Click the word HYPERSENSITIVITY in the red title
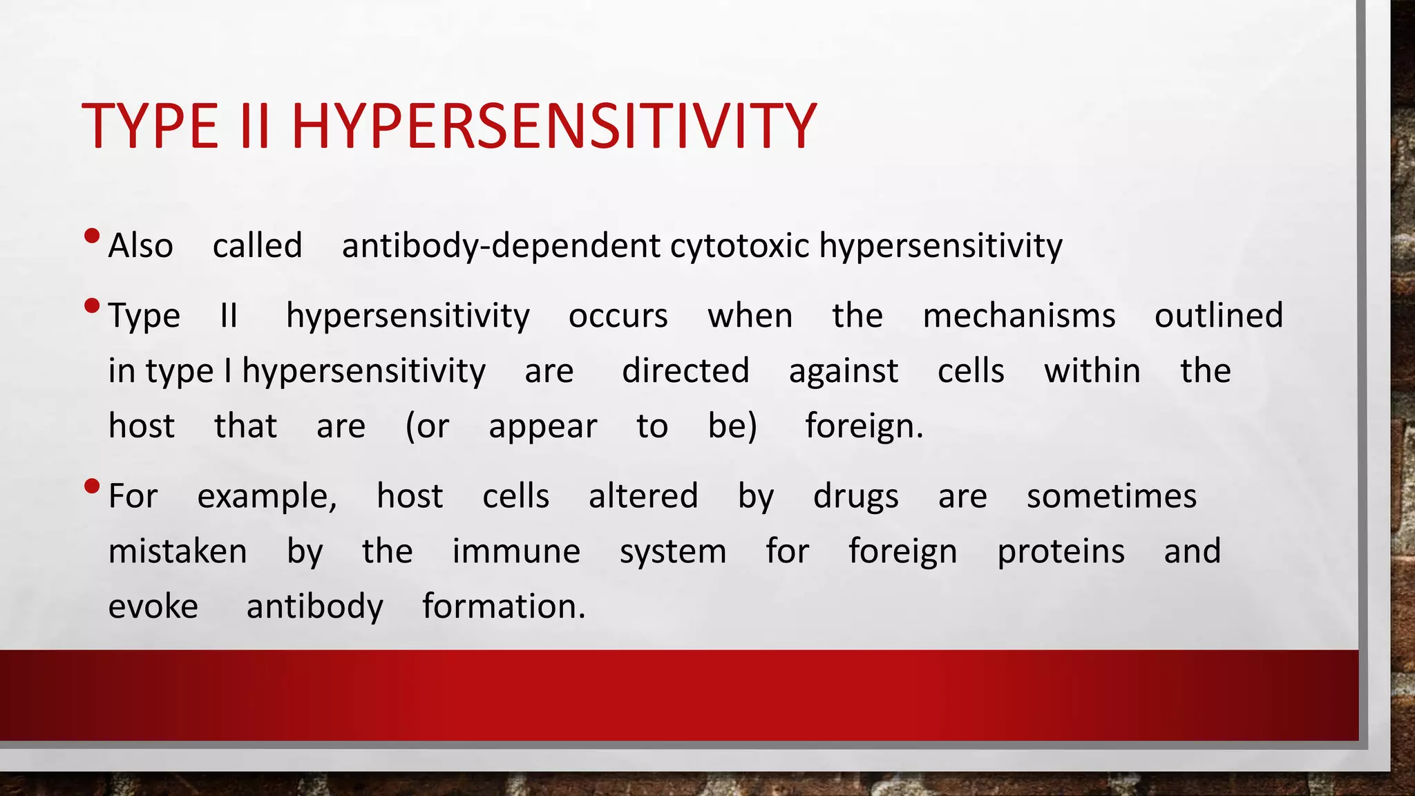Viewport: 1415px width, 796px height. [554, 126]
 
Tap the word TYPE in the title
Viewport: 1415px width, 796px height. [150, 126]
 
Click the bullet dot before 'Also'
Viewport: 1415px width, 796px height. [91, 237]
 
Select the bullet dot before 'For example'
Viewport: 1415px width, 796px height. [91, 487]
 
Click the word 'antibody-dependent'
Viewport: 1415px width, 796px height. [501, 246]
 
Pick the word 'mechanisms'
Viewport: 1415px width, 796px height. [1019, 316]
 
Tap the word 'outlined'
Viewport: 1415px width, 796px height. [1219, 316]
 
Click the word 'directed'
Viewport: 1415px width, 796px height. [685, 371]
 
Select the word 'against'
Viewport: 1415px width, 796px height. [844, 371]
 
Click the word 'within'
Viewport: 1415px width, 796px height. [1092, 371]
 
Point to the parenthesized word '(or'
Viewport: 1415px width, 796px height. [427, 426]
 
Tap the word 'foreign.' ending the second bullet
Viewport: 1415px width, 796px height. [864, 426]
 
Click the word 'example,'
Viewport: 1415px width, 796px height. [267, 497]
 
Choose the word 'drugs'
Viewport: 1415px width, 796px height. [856, 497]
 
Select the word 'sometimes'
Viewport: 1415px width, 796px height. [1112, 497]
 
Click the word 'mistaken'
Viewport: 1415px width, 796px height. [178, 551]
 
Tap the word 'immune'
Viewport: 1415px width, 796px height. [516, 551]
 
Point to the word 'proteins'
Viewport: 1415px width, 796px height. [1061, 551]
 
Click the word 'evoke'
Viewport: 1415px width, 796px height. [153, 607]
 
